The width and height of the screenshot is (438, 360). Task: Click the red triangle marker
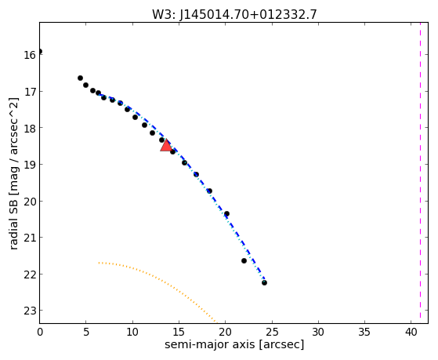[x=166, y=145]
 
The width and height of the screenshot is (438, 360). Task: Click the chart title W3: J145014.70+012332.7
[x=234, y=15]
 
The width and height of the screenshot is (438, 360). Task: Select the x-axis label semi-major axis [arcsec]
[x=234, y=344]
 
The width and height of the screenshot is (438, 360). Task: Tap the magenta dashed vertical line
[x=420, y=173]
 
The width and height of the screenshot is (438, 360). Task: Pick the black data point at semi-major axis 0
[x=40, y=51]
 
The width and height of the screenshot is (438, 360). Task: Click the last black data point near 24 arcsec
[x=264, y=282]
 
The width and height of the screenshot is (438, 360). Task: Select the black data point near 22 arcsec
[x=244, y=260]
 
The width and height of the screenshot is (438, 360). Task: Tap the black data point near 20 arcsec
[x=226, y=213]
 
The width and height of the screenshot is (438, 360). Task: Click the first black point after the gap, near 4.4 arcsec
[x=80, y=78]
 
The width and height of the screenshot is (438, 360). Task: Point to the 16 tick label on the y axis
[x=30, y=55]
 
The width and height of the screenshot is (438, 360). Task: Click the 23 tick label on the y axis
[x=30, y=311]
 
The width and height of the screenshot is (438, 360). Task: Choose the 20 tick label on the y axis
[x=30, y=202]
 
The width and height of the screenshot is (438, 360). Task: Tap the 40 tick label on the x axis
[x=411, y=332]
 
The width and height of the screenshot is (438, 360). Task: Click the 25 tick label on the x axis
[x=272, y=332]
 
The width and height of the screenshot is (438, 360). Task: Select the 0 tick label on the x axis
[x=40, y=332]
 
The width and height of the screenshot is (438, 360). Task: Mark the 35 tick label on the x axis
[x=364, y=332]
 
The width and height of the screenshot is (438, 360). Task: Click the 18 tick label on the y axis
[x=30, y=128]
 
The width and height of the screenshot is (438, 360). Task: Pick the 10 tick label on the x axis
[x=132, y=332]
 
